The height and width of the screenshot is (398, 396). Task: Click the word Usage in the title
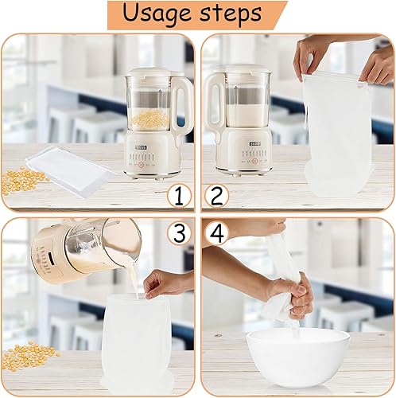coord(157,14)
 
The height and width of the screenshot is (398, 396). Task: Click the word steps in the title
coord(231,14)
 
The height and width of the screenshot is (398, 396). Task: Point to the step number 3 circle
coord(180,232)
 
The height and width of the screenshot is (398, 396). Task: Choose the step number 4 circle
coord(216,232)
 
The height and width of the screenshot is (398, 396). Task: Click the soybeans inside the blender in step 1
coord(151,121)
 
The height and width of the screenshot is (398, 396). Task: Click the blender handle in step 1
coord(183,106)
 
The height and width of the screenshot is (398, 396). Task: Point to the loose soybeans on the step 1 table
coord(23,180)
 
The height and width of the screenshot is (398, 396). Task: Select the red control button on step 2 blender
coord(254,161)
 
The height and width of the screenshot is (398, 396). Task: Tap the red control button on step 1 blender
coord(142,165)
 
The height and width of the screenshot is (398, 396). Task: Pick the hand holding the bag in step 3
coord(165,283)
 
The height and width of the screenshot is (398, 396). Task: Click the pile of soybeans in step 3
coord(30,357)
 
